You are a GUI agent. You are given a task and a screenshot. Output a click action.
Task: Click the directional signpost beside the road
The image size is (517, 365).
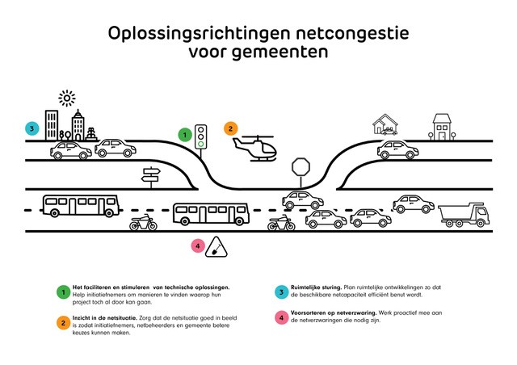tap(151, 175)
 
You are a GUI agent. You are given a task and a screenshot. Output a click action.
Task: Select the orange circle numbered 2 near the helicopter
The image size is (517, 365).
tap(230, 128)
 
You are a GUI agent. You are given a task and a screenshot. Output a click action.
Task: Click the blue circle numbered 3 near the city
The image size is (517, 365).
tap(32, 128)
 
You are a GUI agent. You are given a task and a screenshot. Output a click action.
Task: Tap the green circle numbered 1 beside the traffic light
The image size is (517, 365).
tap(184, 135)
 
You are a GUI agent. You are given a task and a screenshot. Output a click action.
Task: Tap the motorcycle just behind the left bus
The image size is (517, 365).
tap(144, 223)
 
